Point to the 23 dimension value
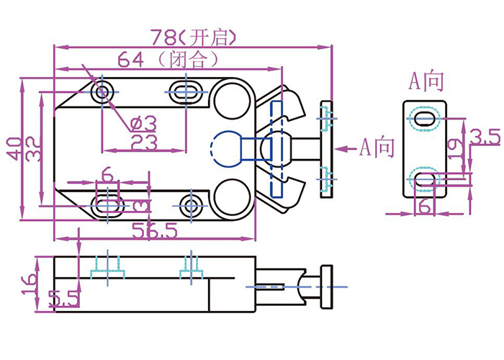(144, 142)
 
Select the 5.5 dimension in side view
(63, 297)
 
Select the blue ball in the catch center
(227, 147)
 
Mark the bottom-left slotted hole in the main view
(108, 205)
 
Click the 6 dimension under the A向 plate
(425, 207)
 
